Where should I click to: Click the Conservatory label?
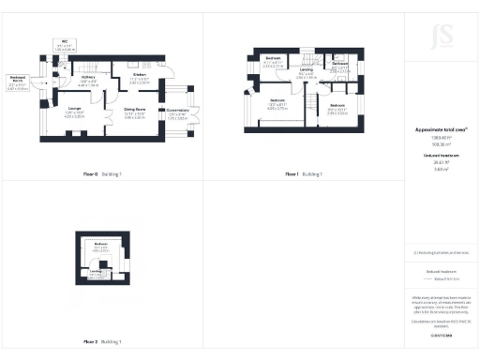tap(178, 113)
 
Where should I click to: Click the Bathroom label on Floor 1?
tap(340, 67)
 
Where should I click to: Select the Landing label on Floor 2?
tap(95, 274)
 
